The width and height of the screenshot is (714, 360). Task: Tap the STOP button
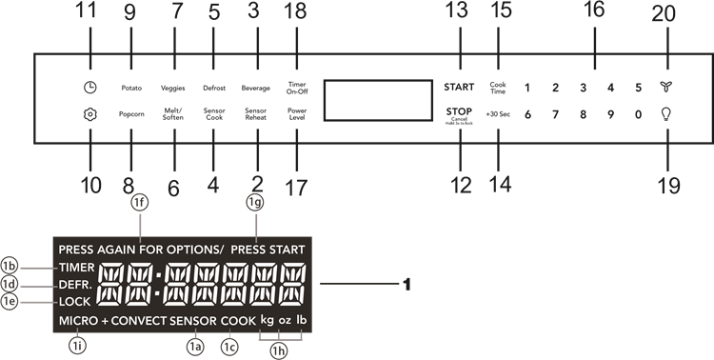click(459, 112)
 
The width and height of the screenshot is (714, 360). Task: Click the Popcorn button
click(130, 112)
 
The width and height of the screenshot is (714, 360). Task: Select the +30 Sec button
click(497, 113)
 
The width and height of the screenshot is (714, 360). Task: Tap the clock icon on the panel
click(89, 88)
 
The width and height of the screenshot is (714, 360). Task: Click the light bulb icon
click(665, 113)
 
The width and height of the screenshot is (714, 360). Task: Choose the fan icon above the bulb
click(665, 88)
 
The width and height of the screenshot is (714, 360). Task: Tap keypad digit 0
click(638, 113)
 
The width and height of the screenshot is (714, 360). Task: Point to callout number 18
click(295, 12)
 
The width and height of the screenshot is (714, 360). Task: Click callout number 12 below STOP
click(460, 185)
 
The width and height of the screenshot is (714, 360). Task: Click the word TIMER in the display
click(75, 268)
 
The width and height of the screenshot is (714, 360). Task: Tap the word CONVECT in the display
click(139, 321)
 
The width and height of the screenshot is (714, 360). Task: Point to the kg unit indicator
click(265, 321)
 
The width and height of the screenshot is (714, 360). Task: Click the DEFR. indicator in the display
click(73, 285)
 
